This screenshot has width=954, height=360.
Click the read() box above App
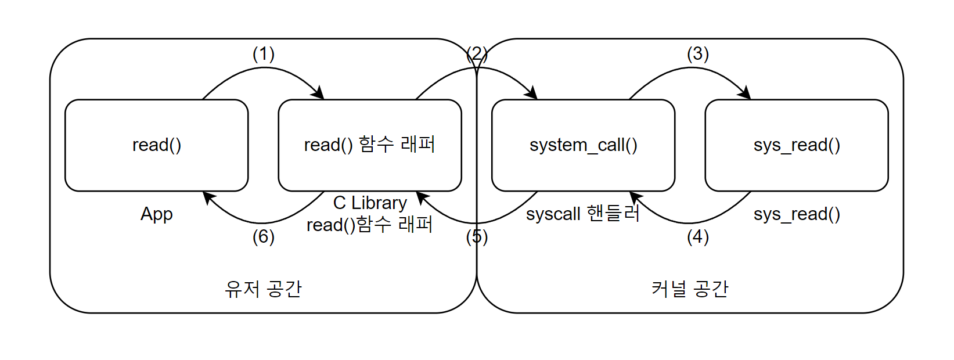click(156, 145)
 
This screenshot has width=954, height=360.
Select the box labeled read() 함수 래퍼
click(370, 145)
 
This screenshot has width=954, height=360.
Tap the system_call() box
click(583, 145)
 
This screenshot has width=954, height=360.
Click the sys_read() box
click(796, 145)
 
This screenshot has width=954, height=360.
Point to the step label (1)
click(263, 54)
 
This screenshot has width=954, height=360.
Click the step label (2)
click(477, 54)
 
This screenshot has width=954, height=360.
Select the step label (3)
click(697, 54)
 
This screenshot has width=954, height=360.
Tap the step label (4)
click(697, 236)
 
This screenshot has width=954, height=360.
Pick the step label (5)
click(477, 236)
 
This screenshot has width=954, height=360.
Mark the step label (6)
click(263, 236)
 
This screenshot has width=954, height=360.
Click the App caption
click(156, 214)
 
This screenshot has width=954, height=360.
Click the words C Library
click(370, 203)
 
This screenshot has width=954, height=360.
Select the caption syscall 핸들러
click(582, 214)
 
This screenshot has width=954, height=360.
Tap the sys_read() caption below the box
click(796, 214)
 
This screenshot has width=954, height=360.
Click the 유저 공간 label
click(263, 289)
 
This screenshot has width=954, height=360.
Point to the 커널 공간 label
click(689, 289)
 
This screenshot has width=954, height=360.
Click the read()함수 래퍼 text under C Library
click(370, 225)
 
